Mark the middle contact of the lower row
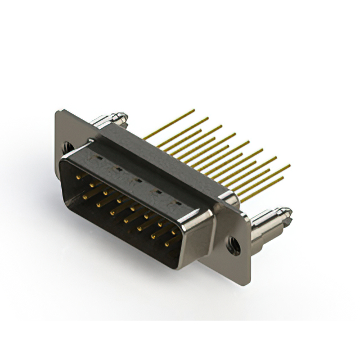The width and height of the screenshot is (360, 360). (125, 219)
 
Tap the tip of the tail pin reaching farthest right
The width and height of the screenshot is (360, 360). (290, 166)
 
